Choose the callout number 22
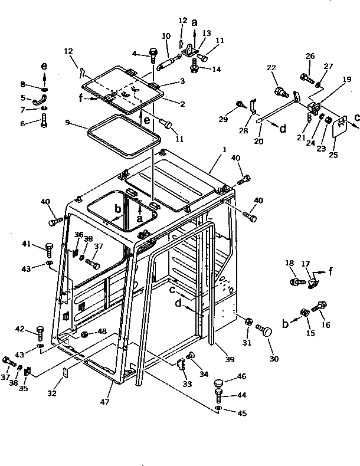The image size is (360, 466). tap(271, 68)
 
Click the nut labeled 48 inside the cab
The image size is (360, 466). tap(85, 335)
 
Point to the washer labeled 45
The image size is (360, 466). tap(219, 408)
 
